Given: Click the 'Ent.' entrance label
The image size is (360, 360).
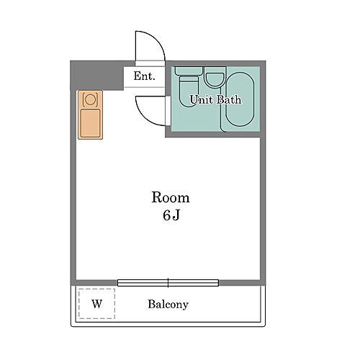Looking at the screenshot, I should tap(144, 76).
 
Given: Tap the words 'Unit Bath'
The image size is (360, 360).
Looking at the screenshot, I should tap(215, 100).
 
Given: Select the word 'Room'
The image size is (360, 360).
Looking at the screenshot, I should tap(170, 197).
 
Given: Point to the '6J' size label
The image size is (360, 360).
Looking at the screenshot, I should tap(170, 215).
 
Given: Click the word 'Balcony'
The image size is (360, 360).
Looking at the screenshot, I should tap(168, 305).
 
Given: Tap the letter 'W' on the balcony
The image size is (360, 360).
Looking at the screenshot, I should tap(96, 304).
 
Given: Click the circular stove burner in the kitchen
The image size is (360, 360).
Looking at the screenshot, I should tap(90, 99).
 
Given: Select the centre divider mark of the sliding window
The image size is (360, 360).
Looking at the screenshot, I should tap(168, 282).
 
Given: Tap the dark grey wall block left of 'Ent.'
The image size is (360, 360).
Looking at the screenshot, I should tap(96, 75).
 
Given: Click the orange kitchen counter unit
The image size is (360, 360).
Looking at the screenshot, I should tap(90, 114).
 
